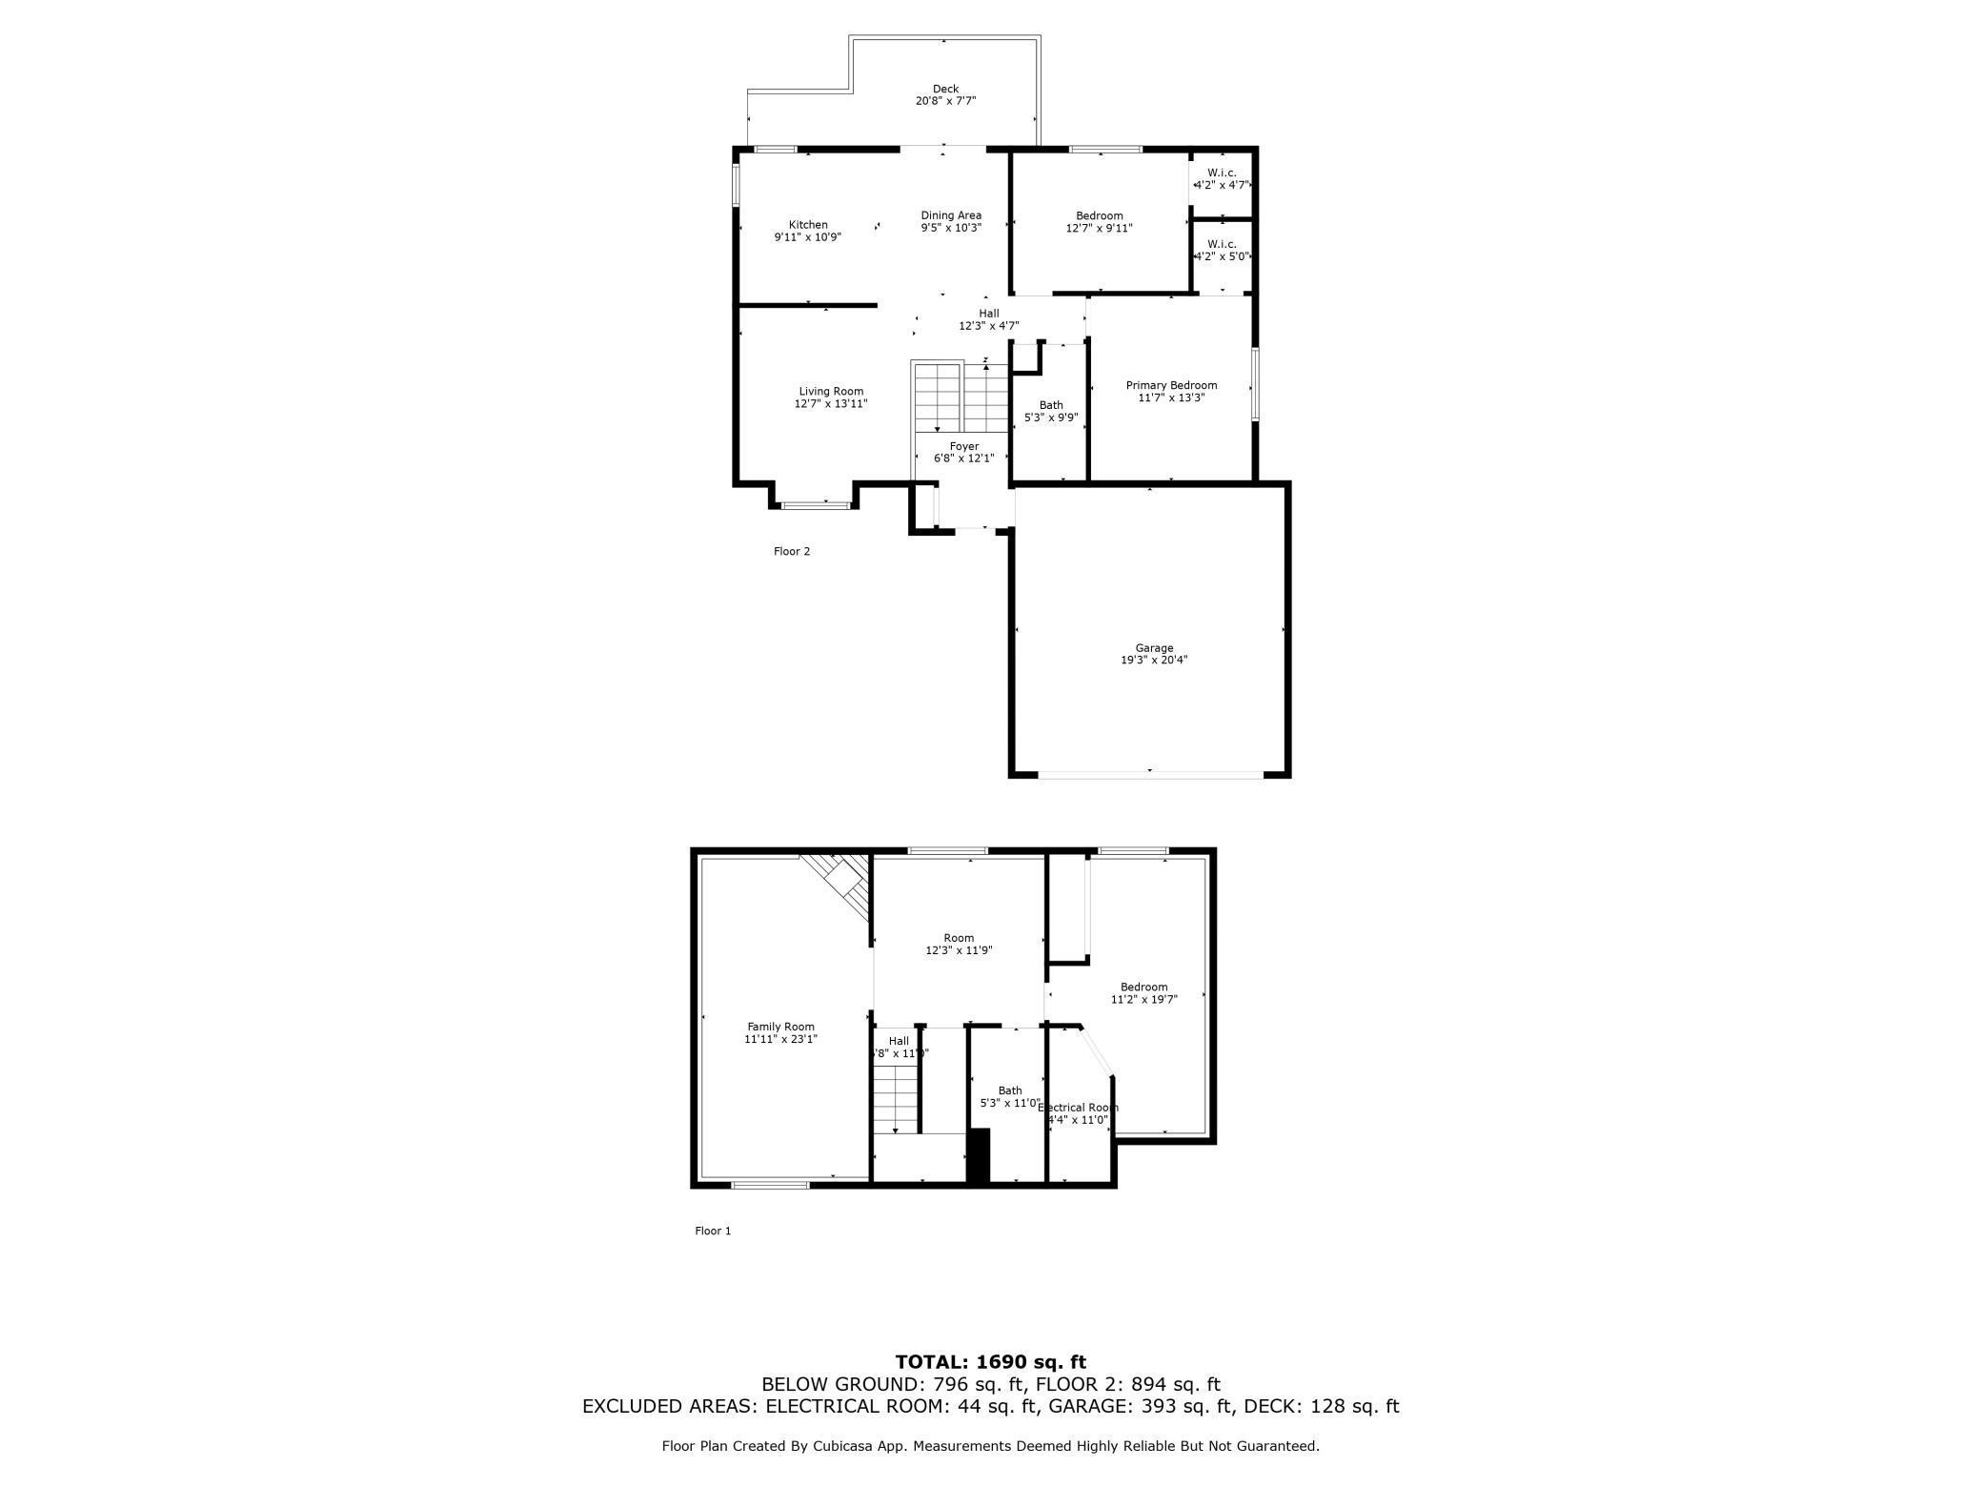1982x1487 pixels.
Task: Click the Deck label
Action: (x=945, y=89)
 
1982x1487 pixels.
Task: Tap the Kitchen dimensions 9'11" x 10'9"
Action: (x=807, y=237)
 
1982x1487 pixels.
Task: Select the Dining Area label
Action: (x=950, y=215)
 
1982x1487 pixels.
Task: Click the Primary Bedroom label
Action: (x=1171, y=385)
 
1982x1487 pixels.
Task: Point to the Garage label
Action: (x=1153, y=648)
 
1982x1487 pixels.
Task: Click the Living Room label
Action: (x=831, y=391)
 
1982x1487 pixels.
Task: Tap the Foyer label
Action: (x=963, y=446)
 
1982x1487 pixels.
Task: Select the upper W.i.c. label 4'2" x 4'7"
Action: (x=1222, y=178)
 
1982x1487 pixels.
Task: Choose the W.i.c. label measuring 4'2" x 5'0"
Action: (x=1222, y=250)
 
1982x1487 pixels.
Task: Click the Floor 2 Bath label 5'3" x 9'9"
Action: (x=1050, y=411)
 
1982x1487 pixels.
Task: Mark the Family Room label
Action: (x=780, y=1027)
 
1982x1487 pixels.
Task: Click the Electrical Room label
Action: (x=1078, y=1108)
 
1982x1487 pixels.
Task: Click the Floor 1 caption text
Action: (x=712, y=1231)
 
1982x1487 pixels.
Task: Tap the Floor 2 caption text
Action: (x=791, y=551)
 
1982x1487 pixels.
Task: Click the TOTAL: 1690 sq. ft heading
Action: (x=990, y=1362)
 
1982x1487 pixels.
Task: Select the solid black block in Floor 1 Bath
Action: (x=979, y=1154)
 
